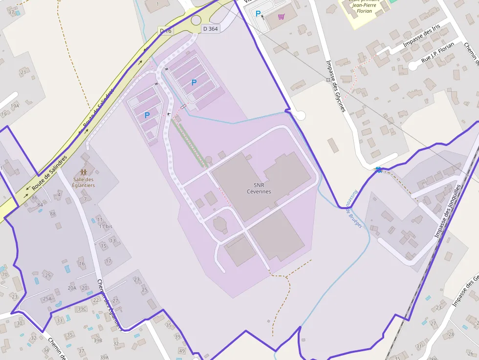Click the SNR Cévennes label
coord(259,188)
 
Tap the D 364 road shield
coord(210,29)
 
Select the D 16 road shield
coord(166,31)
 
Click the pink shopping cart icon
coord(281,17)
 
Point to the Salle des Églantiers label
coord(84,182)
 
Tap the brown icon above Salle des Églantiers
coord(84,172)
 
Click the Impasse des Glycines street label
coord(336,85)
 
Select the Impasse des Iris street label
coord(421,37)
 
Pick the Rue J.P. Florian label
coord(437,53)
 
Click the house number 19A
coord(15,106)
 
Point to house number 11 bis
coord(105,227)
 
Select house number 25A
coord(47,298)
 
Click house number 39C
coord(82,308)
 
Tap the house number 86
coord(34,198)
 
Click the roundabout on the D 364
coord(196,20)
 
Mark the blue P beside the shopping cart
coord(258,14)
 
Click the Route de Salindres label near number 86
coord(49,174)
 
